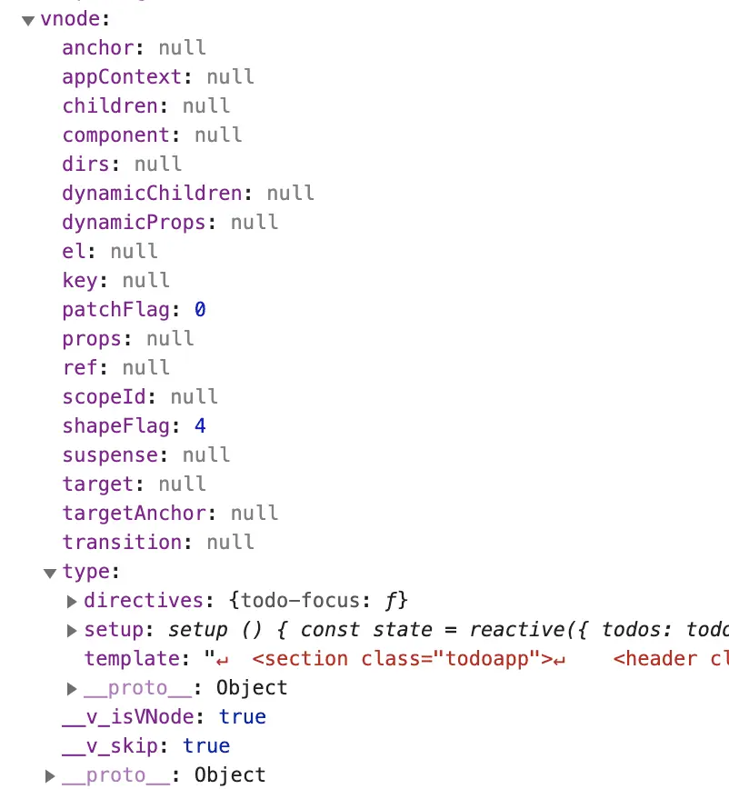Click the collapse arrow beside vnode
[28, 19]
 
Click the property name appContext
[109, 76]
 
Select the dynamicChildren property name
[152, 193]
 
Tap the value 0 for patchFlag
[200, 309]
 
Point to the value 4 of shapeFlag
[200, 425]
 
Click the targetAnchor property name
[134, 513]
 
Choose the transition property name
[122, 542]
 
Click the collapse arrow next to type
[50, 573]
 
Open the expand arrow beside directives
[72, 601]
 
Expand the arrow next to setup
[72, 630]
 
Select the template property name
[131, 658]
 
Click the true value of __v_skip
[206, 745]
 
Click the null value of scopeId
[195, 396]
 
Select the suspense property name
[109, 454]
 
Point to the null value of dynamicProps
[255, 222]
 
